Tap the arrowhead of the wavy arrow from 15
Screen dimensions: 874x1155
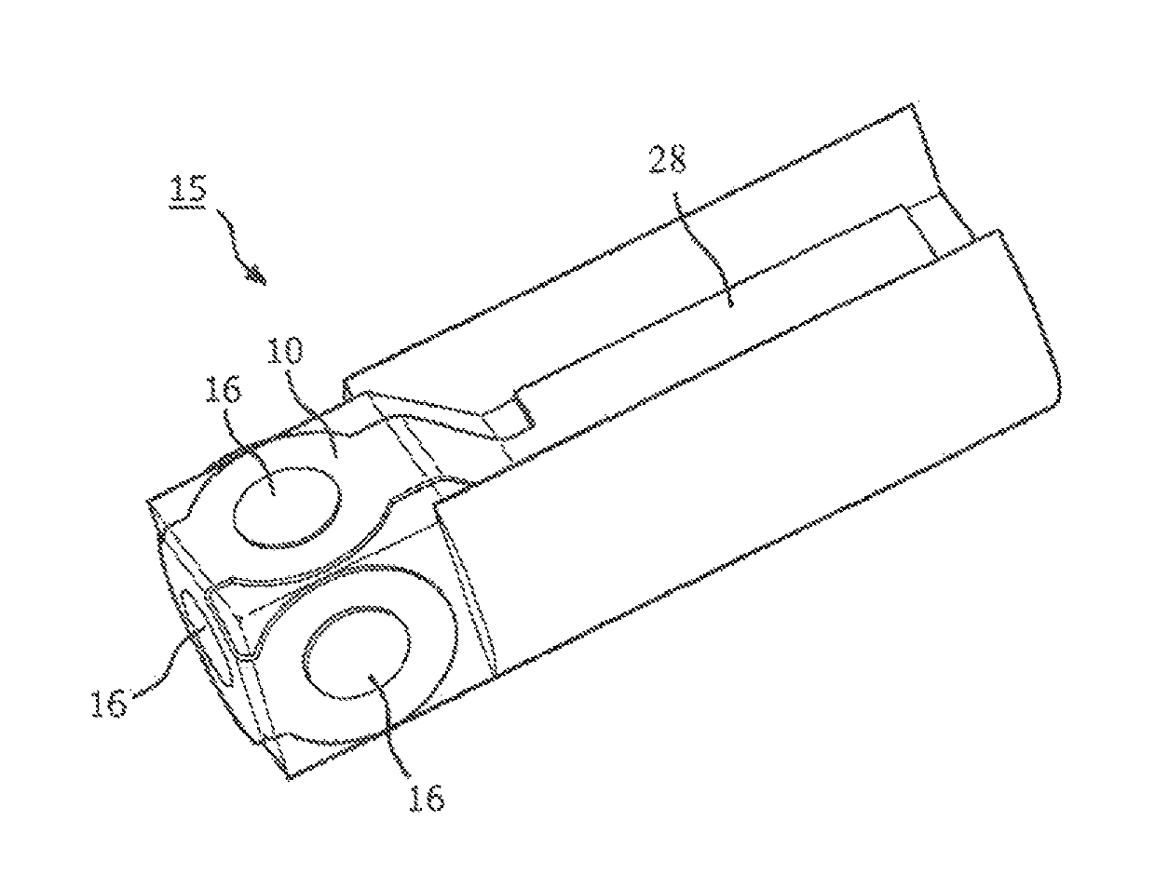[x=257, y=276]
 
